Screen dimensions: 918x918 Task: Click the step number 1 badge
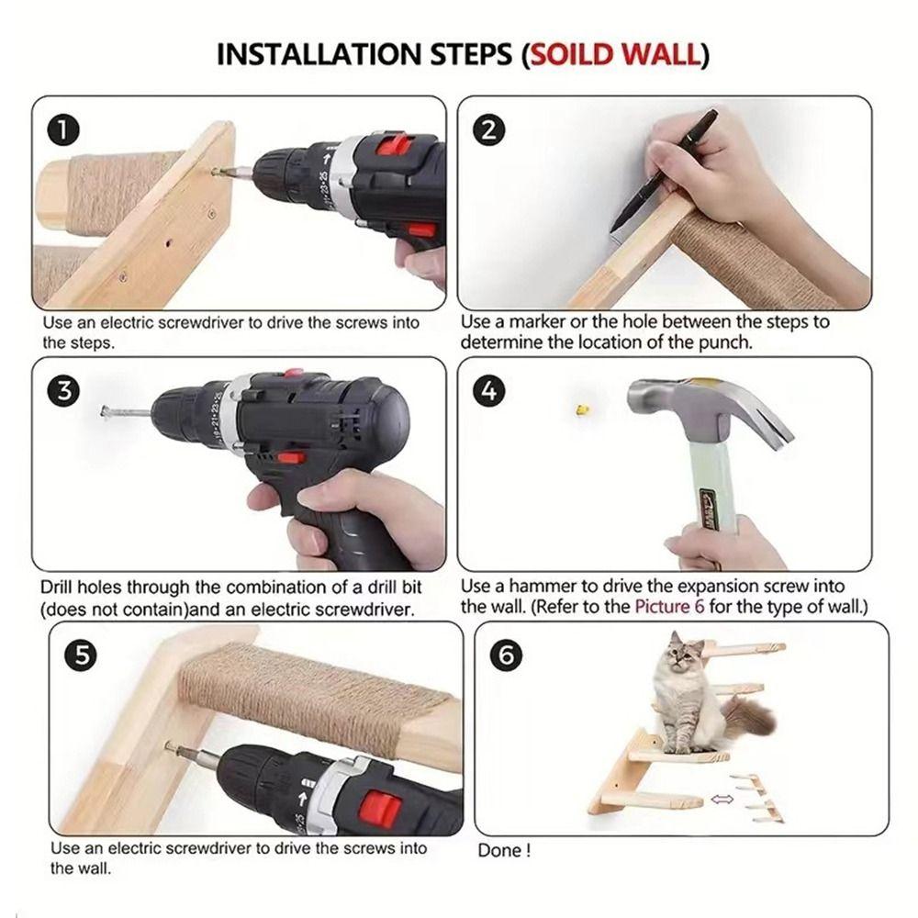(x=64, y=131)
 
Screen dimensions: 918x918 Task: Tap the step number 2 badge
(x=489, y=129)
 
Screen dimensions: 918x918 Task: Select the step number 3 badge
(x=64, y=390)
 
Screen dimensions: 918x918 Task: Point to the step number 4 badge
(x=489, y=390)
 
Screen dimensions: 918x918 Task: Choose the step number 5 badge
(x=82, y=655)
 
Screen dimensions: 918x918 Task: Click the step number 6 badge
(x=506, y=655)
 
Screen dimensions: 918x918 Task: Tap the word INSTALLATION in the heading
(x=319, y=54)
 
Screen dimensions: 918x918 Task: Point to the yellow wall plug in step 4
(x=581, y=409)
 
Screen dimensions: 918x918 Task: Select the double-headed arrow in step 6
(x=722, y=799)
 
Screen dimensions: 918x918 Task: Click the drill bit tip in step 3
(x=105, y=412)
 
